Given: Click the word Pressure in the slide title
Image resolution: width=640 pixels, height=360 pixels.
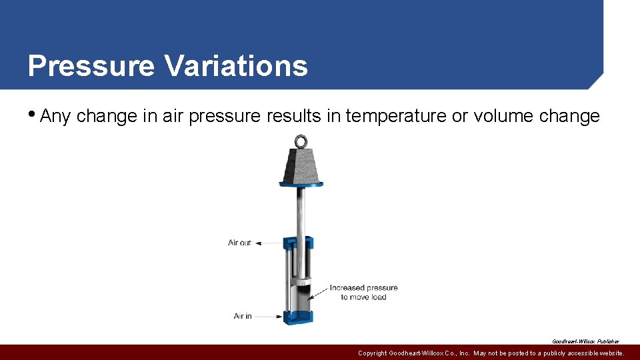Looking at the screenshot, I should tap(91, 67).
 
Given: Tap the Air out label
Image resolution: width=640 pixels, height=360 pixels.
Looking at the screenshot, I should tap(239, 243).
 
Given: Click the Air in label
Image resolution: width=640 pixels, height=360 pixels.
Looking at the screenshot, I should tap(243, 316).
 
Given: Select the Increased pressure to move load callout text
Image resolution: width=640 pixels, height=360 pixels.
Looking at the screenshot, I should tap(363, 293).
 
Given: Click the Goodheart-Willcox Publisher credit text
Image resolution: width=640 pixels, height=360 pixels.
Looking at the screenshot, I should tap(585, 341).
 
